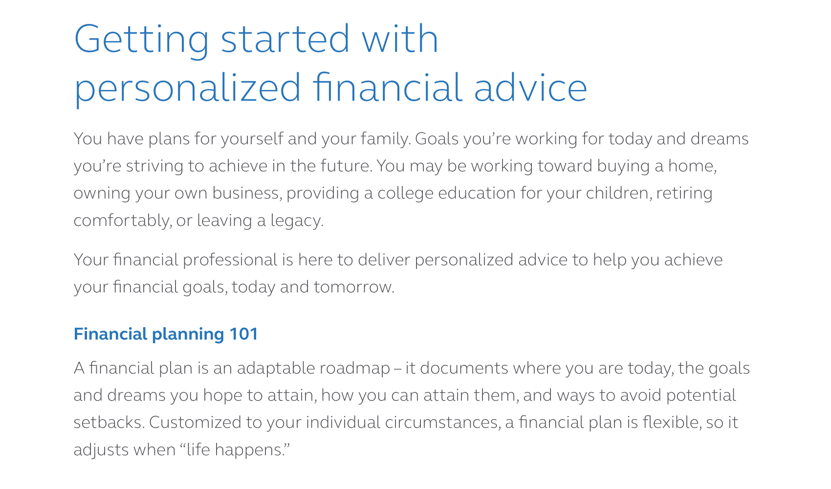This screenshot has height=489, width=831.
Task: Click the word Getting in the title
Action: click(x=141, y=41)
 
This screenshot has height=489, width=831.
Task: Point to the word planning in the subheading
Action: click(x=188, y=334)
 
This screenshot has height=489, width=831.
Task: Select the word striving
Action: click(x=154, y=166)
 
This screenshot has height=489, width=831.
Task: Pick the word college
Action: click(x=405, y=194)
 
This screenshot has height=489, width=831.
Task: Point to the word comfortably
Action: click(x=123, y=221)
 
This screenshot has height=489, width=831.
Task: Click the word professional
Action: click(x=230, y=260)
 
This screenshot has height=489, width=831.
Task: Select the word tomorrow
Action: click(x=354, y=287)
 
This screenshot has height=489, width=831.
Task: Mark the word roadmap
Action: click(x=355, y=368)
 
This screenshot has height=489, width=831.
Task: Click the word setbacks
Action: click(x=109, y=422)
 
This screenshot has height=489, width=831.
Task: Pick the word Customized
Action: click(x=195, y=422)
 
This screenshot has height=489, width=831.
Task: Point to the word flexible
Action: click(x=672, y=422)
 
